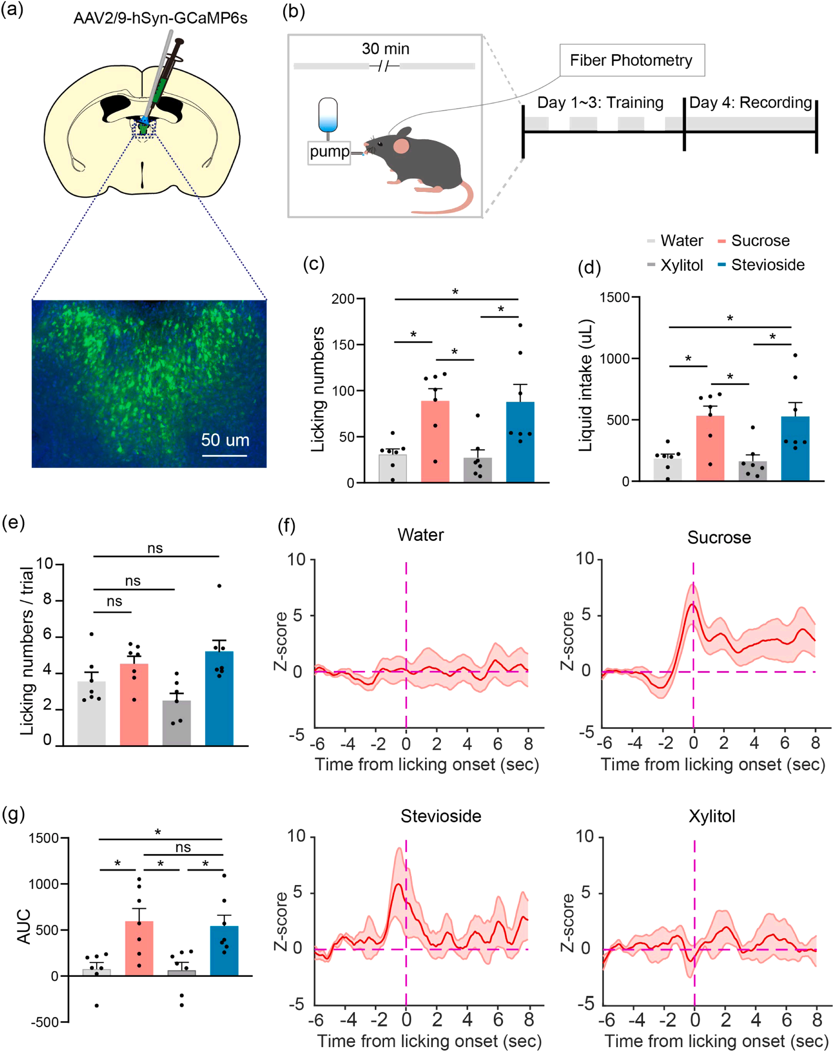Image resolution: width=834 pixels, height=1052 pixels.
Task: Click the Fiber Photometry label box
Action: [x=631, y=60]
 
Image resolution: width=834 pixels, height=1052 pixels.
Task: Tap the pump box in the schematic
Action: [x=329, y=152]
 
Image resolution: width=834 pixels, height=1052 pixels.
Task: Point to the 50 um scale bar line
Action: [x=224, y=455]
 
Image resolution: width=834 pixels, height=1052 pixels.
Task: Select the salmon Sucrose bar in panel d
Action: [x=710, y=447]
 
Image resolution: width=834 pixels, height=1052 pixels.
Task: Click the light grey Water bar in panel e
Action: [x=92, y=713]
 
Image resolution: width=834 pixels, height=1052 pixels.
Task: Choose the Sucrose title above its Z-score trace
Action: [x=719, y=537]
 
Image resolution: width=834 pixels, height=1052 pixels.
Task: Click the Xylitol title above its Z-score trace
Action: [x=711, y=816]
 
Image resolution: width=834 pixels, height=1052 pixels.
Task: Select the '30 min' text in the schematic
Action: [x=385, y=49]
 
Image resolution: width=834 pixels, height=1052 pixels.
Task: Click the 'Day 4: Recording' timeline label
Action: [x=750, y=102]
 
